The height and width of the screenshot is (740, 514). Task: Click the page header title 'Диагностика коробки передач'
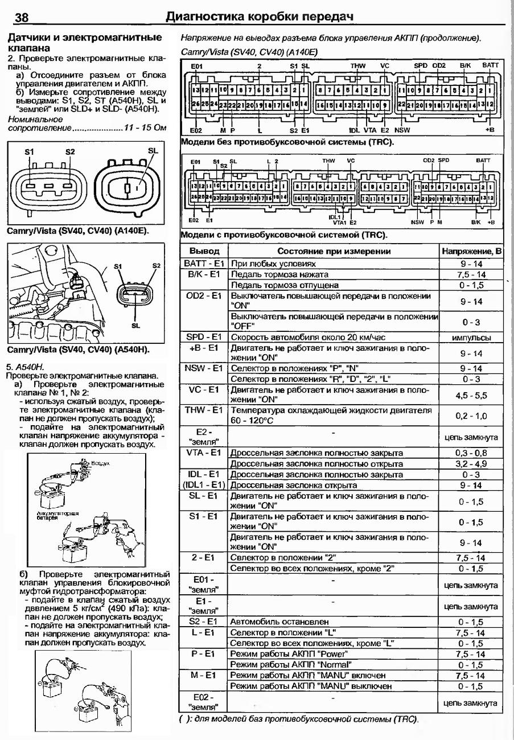259,17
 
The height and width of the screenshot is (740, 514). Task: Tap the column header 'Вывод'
204,251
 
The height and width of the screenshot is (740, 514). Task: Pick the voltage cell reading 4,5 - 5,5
472,395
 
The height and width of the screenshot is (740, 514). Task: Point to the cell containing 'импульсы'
472,337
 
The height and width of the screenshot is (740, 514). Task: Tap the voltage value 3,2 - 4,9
472,464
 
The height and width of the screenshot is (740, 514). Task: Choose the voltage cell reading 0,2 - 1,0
472,416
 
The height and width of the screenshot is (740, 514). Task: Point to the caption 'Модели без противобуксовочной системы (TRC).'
287,142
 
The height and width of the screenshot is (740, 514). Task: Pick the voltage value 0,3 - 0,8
472,453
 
